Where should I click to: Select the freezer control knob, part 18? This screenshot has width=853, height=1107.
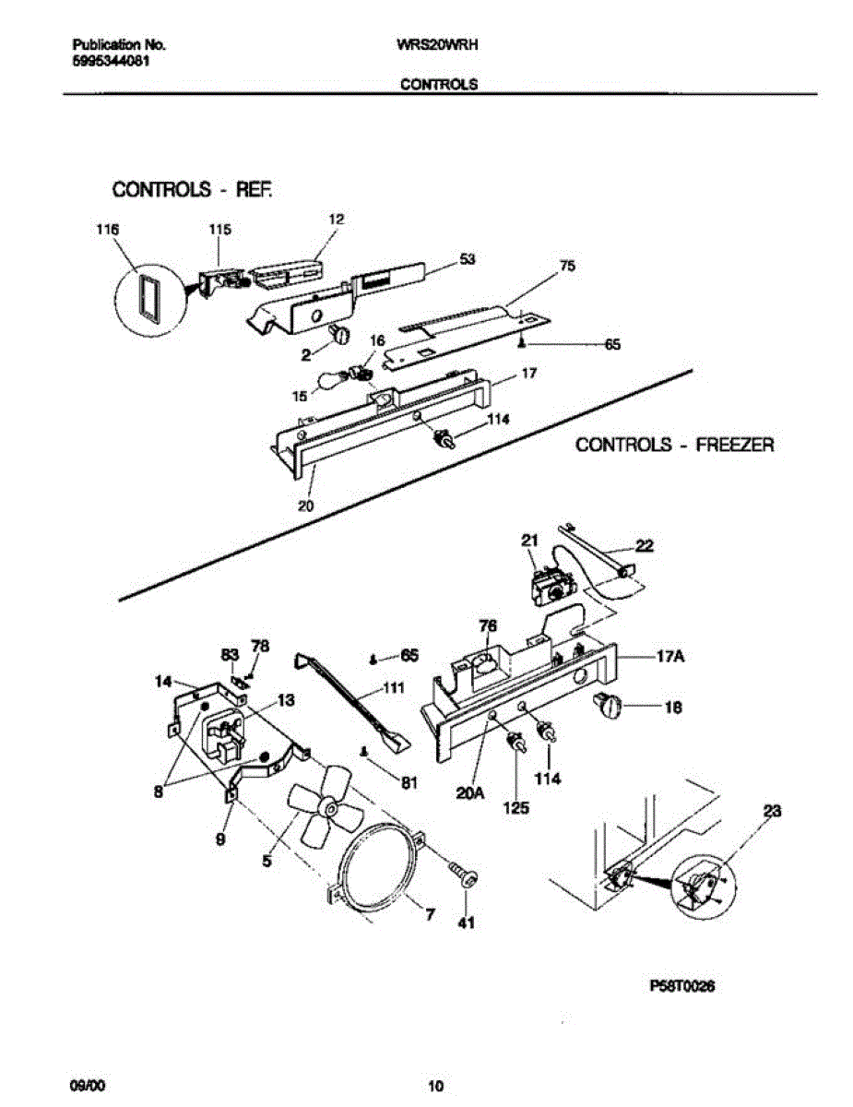tap(609, 708)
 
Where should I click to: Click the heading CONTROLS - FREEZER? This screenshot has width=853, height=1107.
tap(675, 445)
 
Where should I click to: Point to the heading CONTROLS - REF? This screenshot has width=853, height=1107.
tap(193, 190)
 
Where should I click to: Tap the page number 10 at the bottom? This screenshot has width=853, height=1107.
tap(437, 1084)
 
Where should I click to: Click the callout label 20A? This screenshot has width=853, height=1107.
tap(470, 791)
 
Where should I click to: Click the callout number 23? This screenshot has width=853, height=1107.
tap(772, 811)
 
